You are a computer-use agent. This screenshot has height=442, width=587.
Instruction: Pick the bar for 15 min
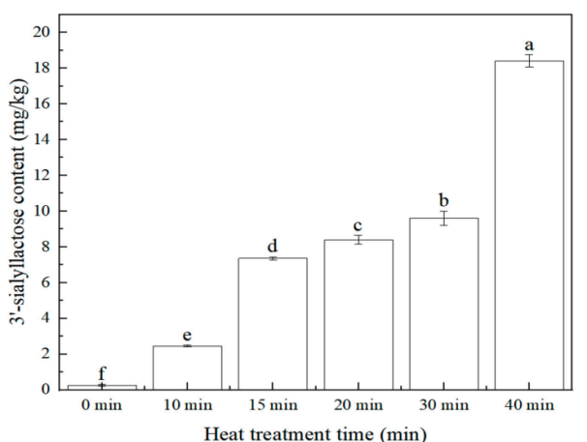(x=272, y=323)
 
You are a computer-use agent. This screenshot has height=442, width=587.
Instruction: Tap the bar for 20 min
(x=357, y=314)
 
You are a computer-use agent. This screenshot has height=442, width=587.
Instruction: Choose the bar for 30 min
(x=444, y=304)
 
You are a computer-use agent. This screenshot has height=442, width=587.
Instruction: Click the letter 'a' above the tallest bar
(x=529, y=44)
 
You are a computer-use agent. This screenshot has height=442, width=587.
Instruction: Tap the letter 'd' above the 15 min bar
(x=272, y=246)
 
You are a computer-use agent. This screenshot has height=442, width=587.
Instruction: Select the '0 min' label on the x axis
(x=102, y=405)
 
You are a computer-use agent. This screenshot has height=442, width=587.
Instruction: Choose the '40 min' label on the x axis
(x=529, y=405)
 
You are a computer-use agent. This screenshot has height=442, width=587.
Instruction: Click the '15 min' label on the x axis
(x=272, y=405)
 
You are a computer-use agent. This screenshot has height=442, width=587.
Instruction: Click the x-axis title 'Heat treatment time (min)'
(x=315, y=430)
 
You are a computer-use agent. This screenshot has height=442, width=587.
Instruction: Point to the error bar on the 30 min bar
(x=444, y=218)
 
